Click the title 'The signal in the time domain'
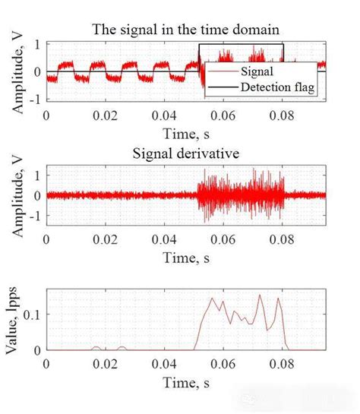click(x=186, y=30)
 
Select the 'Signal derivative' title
click(x=187, y=153)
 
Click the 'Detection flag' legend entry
click(x=277, y=90)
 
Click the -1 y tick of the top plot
click(x=35, y=100)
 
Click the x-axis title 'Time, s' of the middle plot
click(x=187, y=258)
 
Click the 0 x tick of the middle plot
click(x=46, y=238)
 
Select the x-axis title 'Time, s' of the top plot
click(x=187, y=135)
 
